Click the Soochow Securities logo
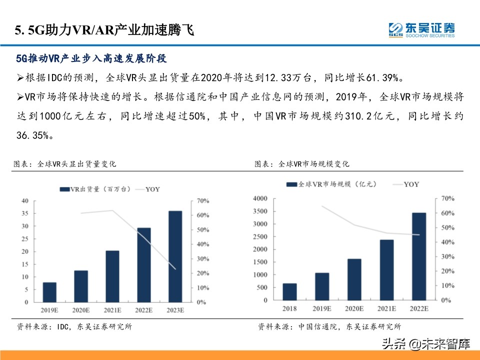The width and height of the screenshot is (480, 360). point(421,29)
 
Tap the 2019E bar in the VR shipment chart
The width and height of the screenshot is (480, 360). point(49,292)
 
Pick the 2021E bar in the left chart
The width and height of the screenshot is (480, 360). point(112,276)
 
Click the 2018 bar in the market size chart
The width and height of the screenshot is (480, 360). point(289,291)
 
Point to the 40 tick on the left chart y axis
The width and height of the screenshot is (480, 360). point(24,201)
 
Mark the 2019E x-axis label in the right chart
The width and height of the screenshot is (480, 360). point(322,308)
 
